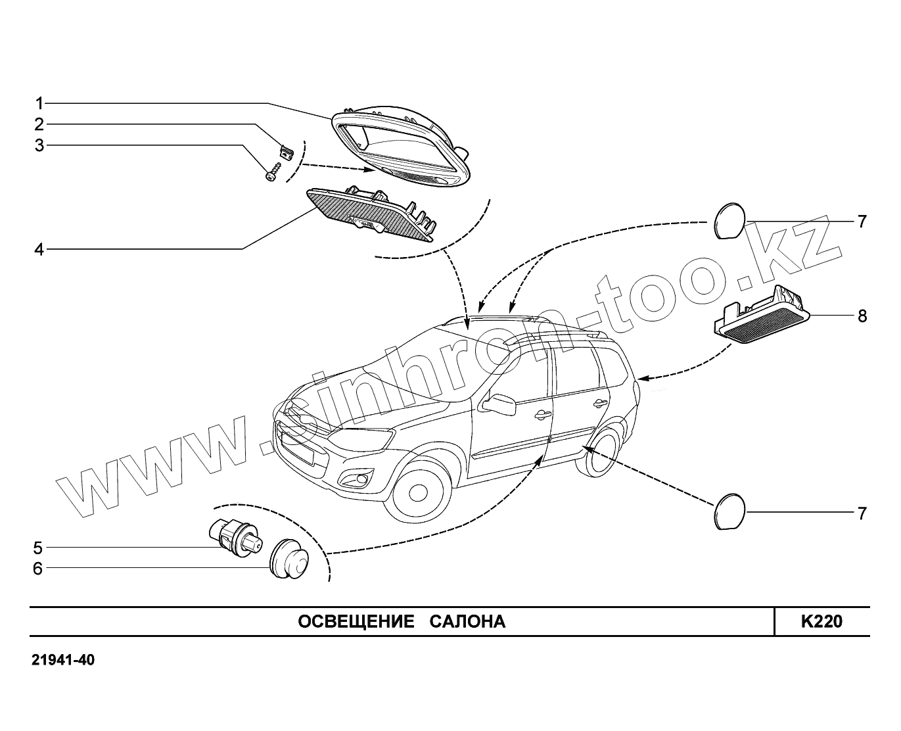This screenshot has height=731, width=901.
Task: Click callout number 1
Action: coord(39,103)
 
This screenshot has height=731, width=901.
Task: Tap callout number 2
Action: coord(39,124)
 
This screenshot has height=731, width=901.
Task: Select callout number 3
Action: coord(39,145)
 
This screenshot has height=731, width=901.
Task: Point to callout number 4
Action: coord(39,249)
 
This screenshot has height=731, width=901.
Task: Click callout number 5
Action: coord(38,548)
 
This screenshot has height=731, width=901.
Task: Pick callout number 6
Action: coord(38,568)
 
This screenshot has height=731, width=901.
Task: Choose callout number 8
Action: coord(862,316)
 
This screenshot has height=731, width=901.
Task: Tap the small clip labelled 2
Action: coord(287,152)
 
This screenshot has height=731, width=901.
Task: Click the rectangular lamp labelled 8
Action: coord(762,319)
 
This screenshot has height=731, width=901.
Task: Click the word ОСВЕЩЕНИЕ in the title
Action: coord(356,622)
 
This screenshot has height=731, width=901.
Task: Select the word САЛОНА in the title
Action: coord(467,622)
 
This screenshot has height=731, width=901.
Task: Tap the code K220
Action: coord(821,621)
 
